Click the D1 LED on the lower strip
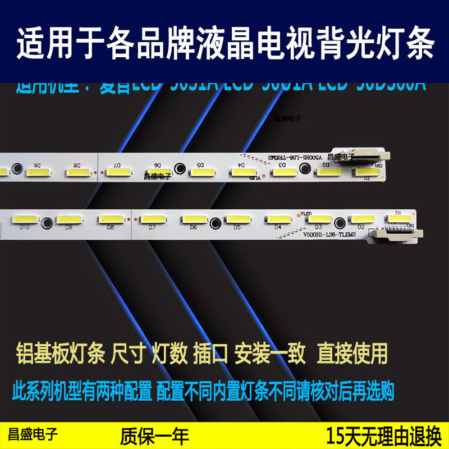(x=400, y=218)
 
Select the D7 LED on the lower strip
(x=151, y=218)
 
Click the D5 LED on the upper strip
(x=201, y=171)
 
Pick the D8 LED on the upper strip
(x=78, y=171)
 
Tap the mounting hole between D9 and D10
(x=47, y=222)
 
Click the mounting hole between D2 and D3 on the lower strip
(x=340, y=222)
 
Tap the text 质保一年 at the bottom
(x=154, y=436)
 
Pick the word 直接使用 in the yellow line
(x=352, y=353)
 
